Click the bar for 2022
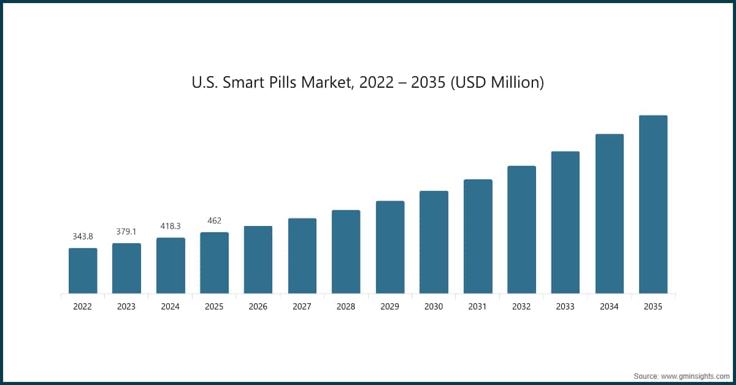coord(83,271)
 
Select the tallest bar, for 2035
coord(653,204)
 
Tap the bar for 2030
coord(434,242)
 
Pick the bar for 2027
coord(302,255)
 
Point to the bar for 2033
coord(565,222)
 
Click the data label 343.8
coord(83,236)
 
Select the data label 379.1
coord(126,231)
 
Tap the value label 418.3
coord(171,226)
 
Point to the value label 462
coord(214,220)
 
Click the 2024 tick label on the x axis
coord(171,306)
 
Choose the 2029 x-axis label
coord(390,306)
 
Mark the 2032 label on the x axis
coord(521,306)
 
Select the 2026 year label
coord(258,306)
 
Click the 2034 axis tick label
coord(609,306)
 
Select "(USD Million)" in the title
coord(497,82)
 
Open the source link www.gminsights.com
coord(695,375)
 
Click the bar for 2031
coord(478,236)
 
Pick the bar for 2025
coord(214,263)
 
